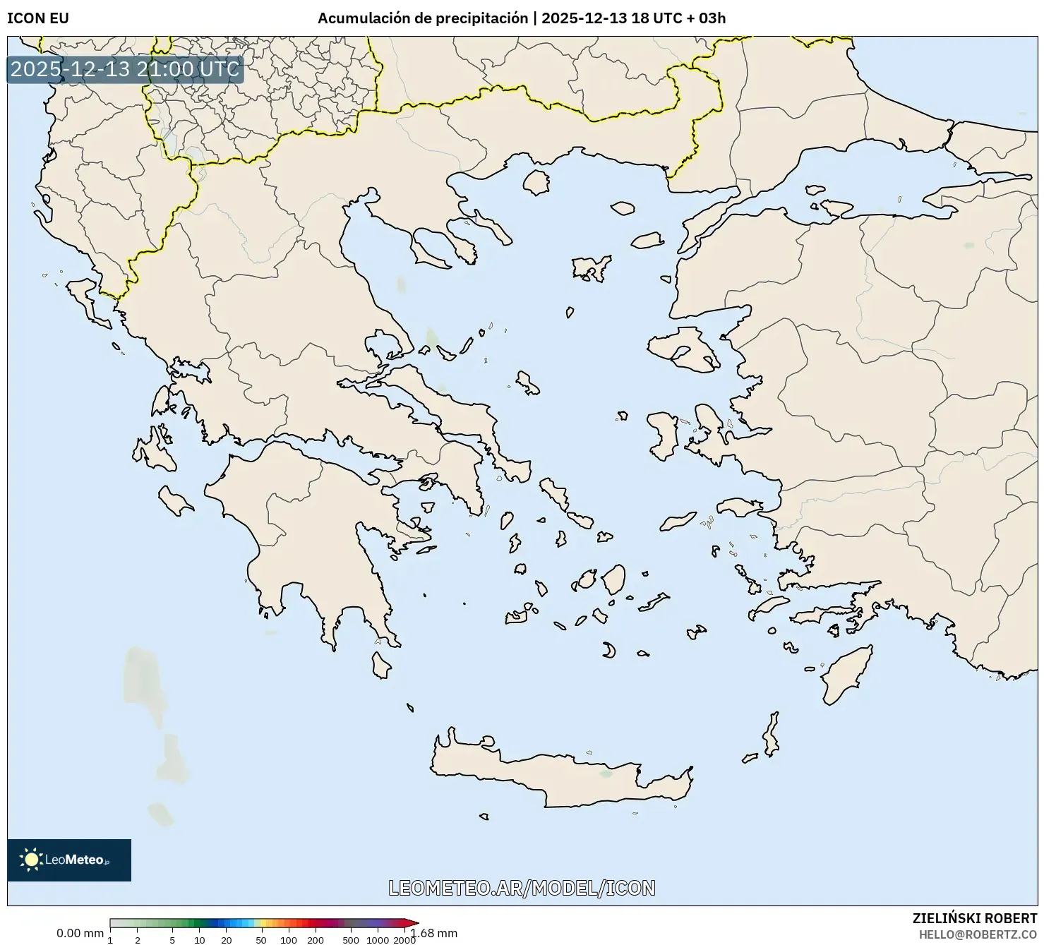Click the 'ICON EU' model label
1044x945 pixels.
point(38,18)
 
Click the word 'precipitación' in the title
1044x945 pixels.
point(481,18)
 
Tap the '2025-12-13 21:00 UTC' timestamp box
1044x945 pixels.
point(125,69)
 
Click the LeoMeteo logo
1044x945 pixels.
point(69,860)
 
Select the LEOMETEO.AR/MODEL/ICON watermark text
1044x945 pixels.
point(522,888)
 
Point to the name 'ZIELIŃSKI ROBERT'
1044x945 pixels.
point(975,918)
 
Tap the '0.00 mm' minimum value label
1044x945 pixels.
point(80,933)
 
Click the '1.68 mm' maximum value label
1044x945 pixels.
point(435,933)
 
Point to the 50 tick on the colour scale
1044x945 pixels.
point(261,939)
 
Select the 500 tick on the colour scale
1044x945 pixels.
point(351,939)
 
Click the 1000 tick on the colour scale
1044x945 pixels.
point(378,939)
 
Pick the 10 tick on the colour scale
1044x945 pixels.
point(200,939)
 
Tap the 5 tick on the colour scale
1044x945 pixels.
point(172,939)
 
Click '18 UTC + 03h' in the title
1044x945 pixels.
point(678,18)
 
